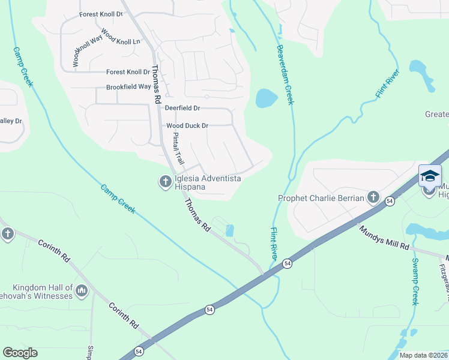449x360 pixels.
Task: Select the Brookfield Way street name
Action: click(x=128, y=87)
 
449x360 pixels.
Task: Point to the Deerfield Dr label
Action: click(x=182, y=108)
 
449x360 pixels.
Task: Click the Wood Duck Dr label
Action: click(x=187, y=126)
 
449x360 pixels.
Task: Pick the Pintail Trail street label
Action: click(x=178, y=149)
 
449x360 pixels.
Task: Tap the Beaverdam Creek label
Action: click(x=285, y=75)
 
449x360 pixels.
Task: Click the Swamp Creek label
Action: click(x=415, y=281)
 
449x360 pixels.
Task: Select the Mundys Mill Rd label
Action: click(x=384, y=238)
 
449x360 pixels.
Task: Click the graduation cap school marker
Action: click(x=430, y=176)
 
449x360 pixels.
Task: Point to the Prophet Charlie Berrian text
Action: click(x=321, y=198)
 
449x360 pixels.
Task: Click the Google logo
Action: click(x=20, y=353)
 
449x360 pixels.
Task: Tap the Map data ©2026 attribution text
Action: click(x=424, y=355)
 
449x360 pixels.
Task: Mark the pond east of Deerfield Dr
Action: click(x=266, y=98)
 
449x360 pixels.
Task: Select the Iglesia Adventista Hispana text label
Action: click(x=207, y=182)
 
